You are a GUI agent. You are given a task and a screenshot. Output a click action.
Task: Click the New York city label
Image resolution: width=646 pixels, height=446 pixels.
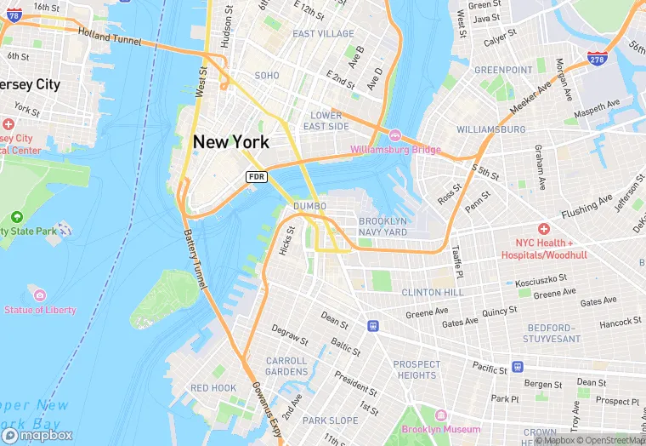point(231,142)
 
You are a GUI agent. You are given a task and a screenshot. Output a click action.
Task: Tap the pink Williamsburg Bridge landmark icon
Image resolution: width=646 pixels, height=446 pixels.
point(395,136)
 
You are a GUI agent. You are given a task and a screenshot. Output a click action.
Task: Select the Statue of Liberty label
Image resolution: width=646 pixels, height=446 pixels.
point(39,310)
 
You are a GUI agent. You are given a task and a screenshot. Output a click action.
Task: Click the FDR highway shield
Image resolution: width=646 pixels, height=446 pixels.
point(258,176)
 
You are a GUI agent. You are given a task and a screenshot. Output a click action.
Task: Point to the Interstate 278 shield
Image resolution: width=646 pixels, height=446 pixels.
point(597,58)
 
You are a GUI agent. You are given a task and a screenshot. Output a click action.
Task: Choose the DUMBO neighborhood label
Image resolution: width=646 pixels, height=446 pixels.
point(309,207)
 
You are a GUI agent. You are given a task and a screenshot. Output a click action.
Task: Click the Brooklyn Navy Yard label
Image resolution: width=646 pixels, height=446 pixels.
point(382,226)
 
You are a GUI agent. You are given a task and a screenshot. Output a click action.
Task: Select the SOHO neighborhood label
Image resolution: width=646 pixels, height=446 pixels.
point(267,76)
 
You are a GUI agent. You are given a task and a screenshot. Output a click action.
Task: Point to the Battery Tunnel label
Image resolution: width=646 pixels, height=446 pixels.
point(192,260)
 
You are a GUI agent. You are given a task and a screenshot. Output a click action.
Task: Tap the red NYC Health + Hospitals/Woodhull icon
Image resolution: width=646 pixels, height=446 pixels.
point(543,229)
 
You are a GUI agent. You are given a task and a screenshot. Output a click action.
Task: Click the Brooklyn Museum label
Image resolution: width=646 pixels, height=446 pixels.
point(441,430)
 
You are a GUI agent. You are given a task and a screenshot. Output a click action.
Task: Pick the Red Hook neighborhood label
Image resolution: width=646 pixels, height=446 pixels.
point(213,388)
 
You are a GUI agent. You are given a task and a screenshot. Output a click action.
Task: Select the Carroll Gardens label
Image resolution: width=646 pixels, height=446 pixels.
point(286,366)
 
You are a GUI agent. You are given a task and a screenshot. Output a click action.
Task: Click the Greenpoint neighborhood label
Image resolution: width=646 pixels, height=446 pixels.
point(503,70)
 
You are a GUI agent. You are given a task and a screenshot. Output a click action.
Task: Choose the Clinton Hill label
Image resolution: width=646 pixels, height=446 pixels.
point(433,292)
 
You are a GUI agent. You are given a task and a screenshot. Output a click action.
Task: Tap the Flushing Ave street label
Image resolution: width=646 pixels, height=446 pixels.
point(586,205)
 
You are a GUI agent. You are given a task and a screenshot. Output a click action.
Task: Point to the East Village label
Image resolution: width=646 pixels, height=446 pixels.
point(323,34)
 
